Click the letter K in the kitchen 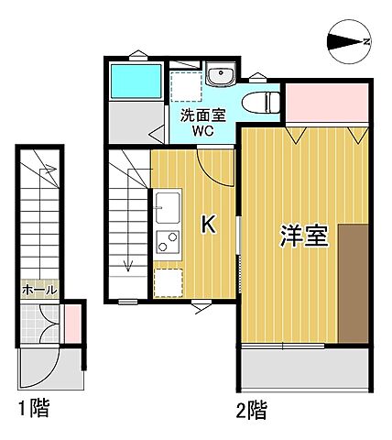click(208, 225)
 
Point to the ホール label click(38, 290)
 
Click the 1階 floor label click(33, 409)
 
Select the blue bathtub click(136, 82)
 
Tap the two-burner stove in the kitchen click(168, 244)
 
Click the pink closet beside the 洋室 click(327, 104)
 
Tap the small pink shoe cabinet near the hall click(70, 322)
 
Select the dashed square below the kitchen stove click(168, 284)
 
